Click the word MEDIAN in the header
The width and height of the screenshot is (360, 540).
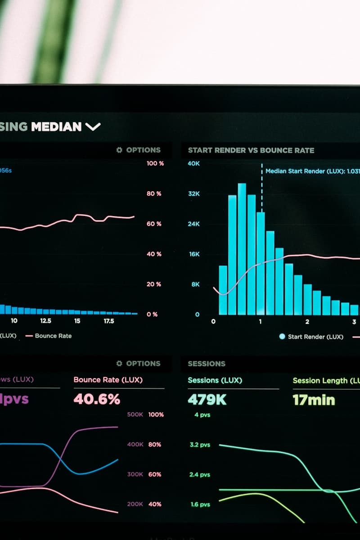tap(56, 126)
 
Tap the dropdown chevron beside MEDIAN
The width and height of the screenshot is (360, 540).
tap(93, 127)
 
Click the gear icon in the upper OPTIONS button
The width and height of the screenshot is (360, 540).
tap(119, 150)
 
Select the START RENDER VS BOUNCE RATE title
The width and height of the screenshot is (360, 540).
tap(251, 150)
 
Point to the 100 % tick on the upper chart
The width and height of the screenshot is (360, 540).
tap(155, 163)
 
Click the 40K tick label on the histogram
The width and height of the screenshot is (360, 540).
tap(193, 163)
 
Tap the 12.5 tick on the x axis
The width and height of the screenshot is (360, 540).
tap(45, 321)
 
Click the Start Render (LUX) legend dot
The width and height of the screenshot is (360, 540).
tap(282, 337)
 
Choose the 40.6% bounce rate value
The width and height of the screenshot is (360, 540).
tap(97, 399)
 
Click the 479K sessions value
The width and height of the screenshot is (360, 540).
tap(207, 400)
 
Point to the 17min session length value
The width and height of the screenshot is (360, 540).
tap(314, 400)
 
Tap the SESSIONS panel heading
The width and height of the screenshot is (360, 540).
tap(207, 364)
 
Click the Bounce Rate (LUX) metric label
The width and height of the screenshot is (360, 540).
tap(108, 380)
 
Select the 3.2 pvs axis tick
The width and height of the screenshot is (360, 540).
tap(200, 445)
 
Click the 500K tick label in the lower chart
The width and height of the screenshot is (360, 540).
tap(135, 414)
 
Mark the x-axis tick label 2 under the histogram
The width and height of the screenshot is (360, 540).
tap(307, 322)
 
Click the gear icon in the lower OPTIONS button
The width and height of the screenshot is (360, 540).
tap(119, 364)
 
